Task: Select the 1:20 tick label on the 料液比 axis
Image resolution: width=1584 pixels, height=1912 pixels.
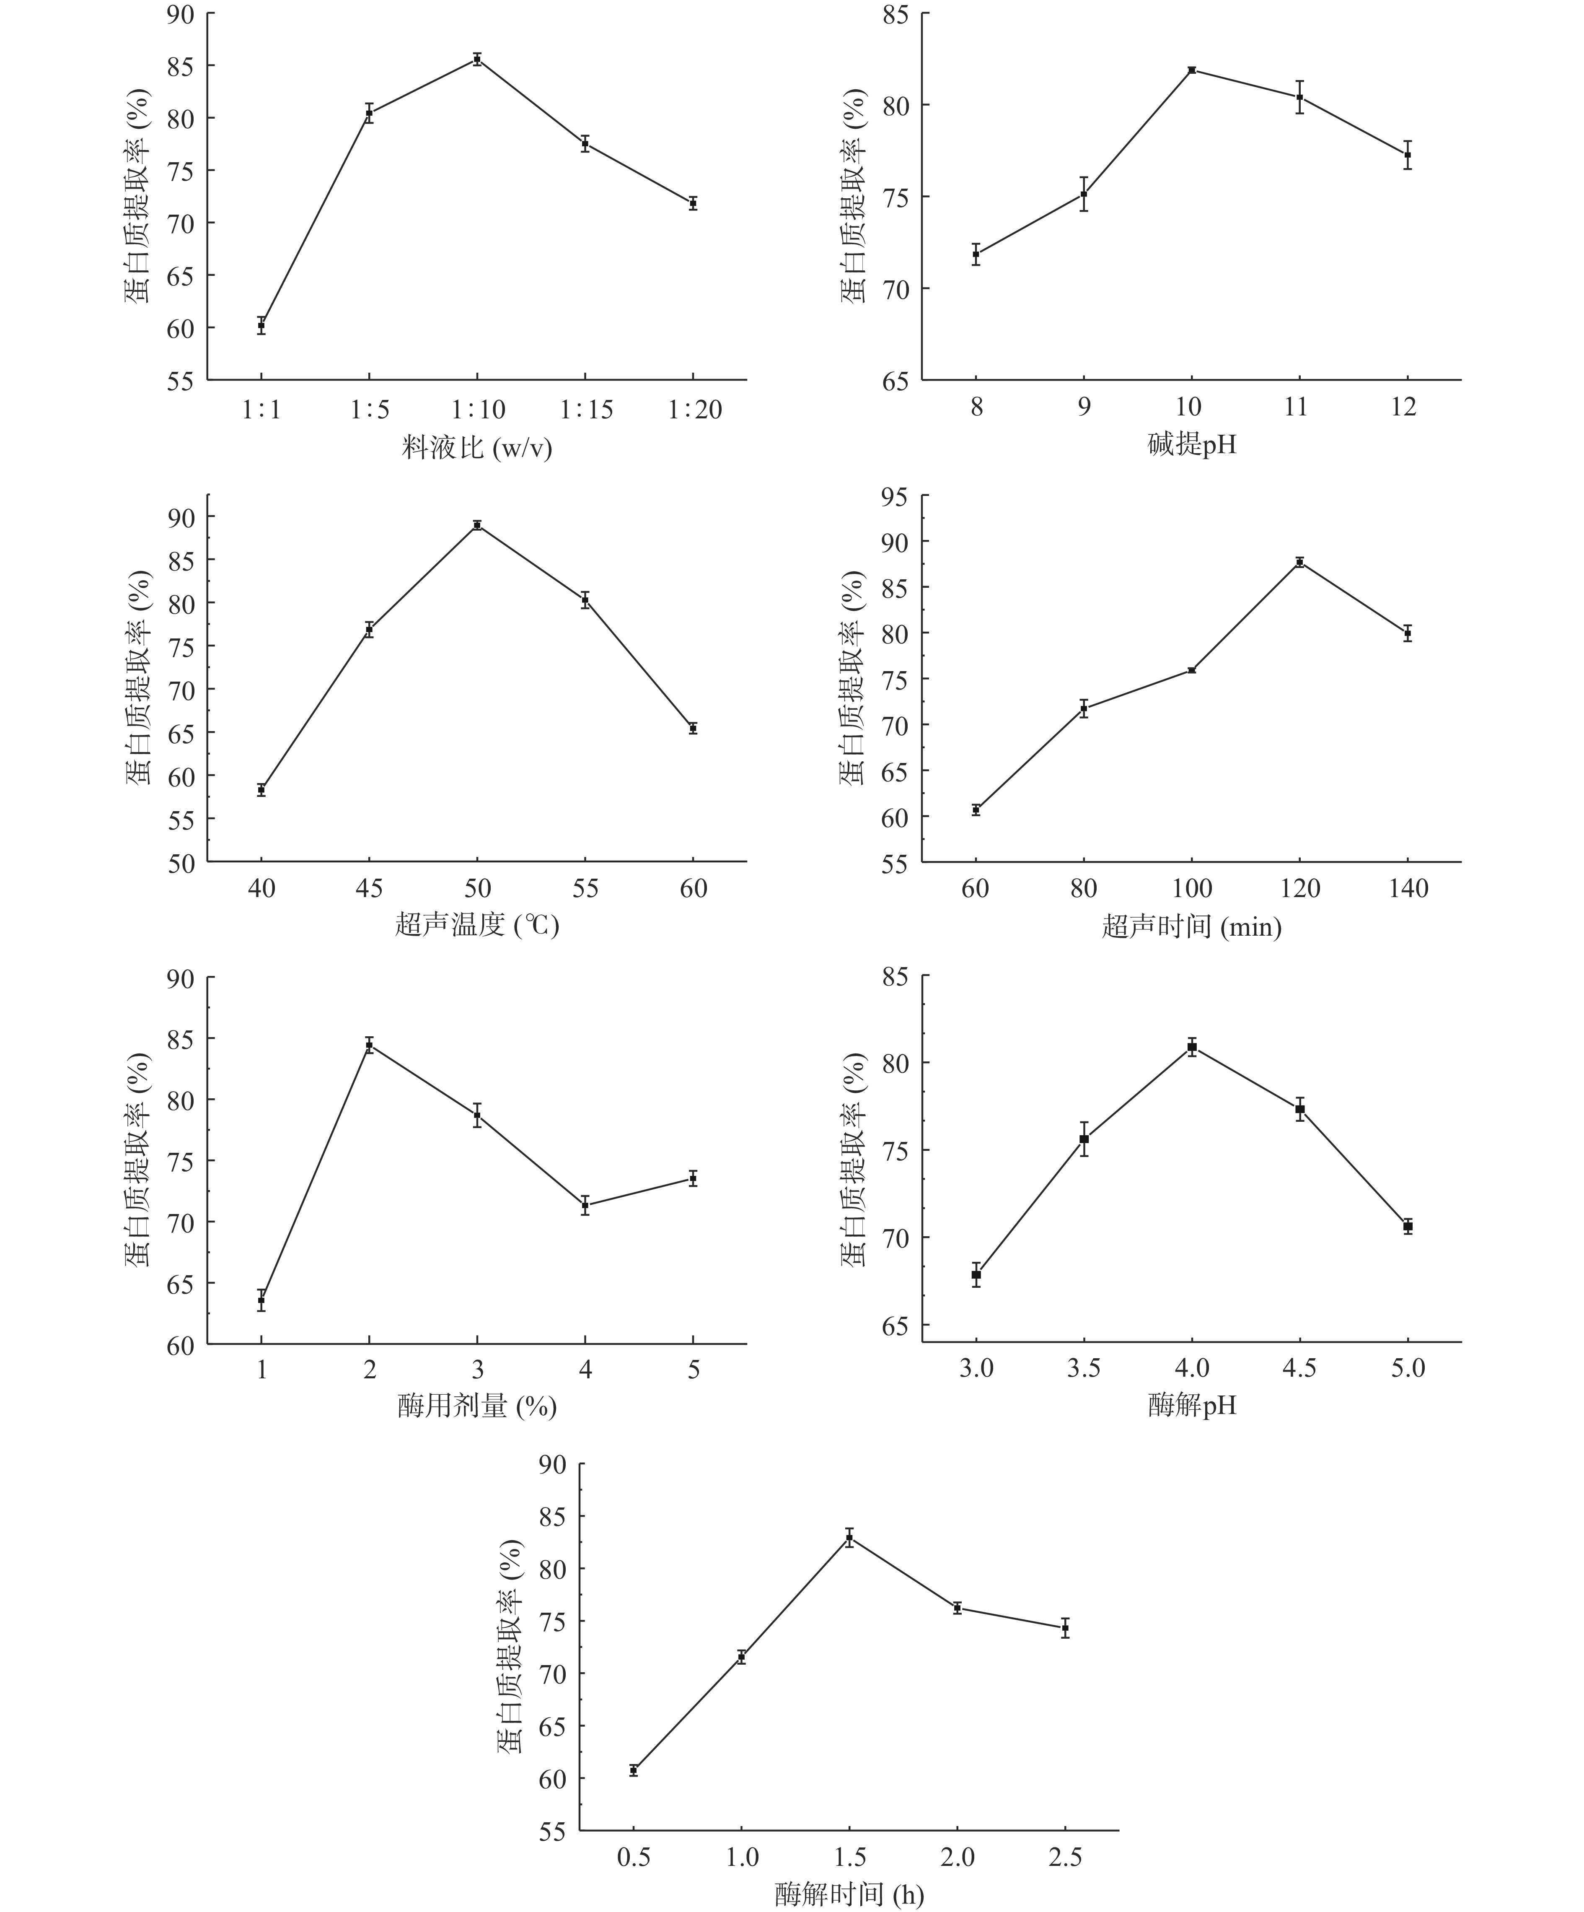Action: pyautogui.click(x=695, y=410)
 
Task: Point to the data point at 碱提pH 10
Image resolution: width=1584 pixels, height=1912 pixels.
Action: pyautogui.click(x=1192, y=70)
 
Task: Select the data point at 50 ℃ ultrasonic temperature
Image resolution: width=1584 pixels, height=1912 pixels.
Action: pyautogui.click(x=477, y=524)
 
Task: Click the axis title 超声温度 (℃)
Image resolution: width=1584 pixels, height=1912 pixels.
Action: pyautogui.click(x=477, y=926)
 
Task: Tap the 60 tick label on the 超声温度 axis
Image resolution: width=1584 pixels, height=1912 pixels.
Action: pyautogui.click(x=694, y=889)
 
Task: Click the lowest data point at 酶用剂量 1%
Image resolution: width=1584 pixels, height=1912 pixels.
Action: pyautogui.click(x=261, y=1300)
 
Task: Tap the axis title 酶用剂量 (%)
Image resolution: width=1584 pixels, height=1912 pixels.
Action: pyautogui.click(x=477, y=1407)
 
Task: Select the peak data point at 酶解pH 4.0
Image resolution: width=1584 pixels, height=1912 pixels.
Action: pyautogui.click(x=1192, y=1047)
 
